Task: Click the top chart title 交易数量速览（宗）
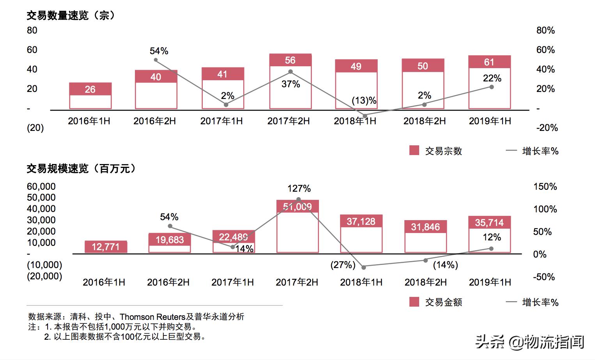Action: tap(71, 16)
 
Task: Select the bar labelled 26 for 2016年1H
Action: tap(90, 96)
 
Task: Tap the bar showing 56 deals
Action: tap(290, 82)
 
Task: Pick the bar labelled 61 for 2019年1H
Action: tap(490, 83)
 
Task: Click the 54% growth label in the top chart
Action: tap(159, 51)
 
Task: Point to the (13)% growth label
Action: tap(364, 101)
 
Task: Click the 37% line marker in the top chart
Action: tap(290, 72)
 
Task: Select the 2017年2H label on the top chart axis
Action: tap(289, 121)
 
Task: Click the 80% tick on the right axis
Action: tap(545, 30)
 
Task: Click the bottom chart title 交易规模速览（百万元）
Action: tap(82, 169)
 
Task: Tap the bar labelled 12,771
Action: tap(106, 247)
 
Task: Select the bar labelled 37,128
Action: tap(361, 234)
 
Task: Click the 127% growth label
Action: tap(299, 189)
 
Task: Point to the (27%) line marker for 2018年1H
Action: tap(364, 267)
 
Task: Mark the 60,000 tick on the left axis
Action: tap(41, 187)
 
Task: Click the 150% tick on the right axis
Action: tap(545, 187)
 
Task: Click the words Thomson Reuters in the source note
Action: tap(152, 317)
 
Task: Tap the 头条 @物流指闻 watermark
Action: tap(530, 342)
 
